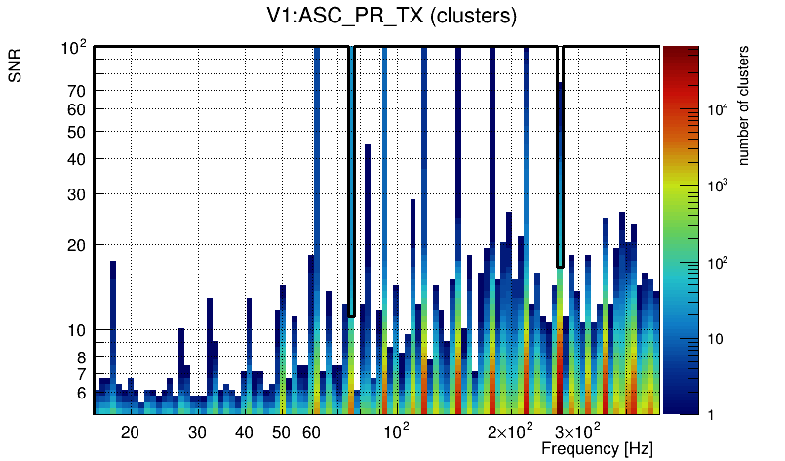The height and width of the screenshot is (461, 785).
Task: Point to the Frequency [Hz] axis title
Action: [x=597, y=448]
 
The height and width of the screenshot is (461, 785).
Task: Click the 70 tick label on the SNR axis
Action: [x=77, y=91]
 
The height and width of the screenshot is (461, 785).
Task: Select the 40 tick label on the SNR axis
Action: [x=77, y=159]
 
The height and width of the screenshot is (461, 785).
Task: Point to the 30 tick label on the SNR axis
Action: [x=77, y=194]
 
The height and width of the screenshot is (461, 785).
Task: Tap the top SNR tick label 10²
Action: [x=74, y=47]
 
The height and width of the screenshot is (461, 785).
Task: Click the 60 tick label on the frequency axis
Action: [x=312, y=432]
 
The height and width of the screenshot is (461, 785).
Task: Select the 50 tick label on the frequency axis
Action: [x=281, y=432]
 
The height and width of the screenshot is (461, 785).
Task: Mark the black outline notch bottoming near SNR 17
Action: [x=560, y=264]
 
